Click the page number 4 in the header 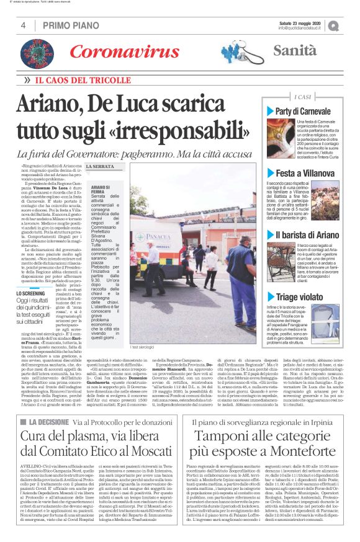pyautogui.click(x=23, y=25)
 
